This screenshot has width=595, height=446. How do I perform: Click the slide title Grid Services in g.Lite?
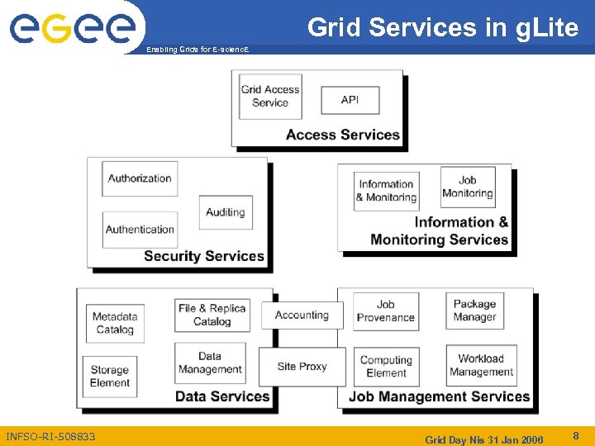click(x=443, y=28)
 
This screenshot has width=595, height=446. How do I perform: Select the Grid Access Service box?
click(x=270, y=97)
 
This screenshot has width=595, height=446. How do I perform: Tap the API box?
click(x=350, y=100)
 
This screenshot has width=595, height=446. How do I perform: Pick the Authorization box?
click(x=140, y=178)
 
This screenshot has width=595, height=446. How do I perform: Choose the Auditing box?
click(x=226, y=212)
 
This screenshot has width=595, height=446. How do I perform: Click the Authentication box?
click(x=140, y=230)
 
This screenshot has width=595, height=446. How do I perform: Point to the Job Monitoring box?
click(x=467, y=187)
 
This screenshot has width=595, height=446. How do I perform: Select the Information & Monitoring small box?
click(x=386, y=191)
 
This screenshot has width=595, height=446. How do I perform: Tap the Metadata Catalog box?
click(x=115, y=323)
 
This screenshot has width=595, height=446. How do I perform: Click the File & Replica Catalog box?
click(x=212, y=315)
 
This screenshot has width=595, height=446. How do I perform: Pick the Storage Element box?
click(x=110, y=377)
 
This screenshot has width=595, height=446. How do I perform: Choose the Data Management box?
click(x=210, y=363)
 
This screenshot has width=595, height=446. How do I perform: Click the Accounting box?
click(x=302, y=315)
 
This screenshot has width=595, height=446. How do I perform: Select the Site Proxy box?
click(x=302, y=367)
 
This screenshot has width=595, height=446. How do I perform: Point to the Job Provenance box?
click(x=386, y=311)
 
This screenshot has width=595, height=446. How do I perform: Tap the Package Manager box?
click(x=474, y=311)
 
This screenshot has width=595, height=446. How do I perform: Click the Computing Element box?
click(x=386, y=367)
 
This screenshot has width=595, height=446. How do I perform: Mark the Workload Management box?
click(x=481, y=365)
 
